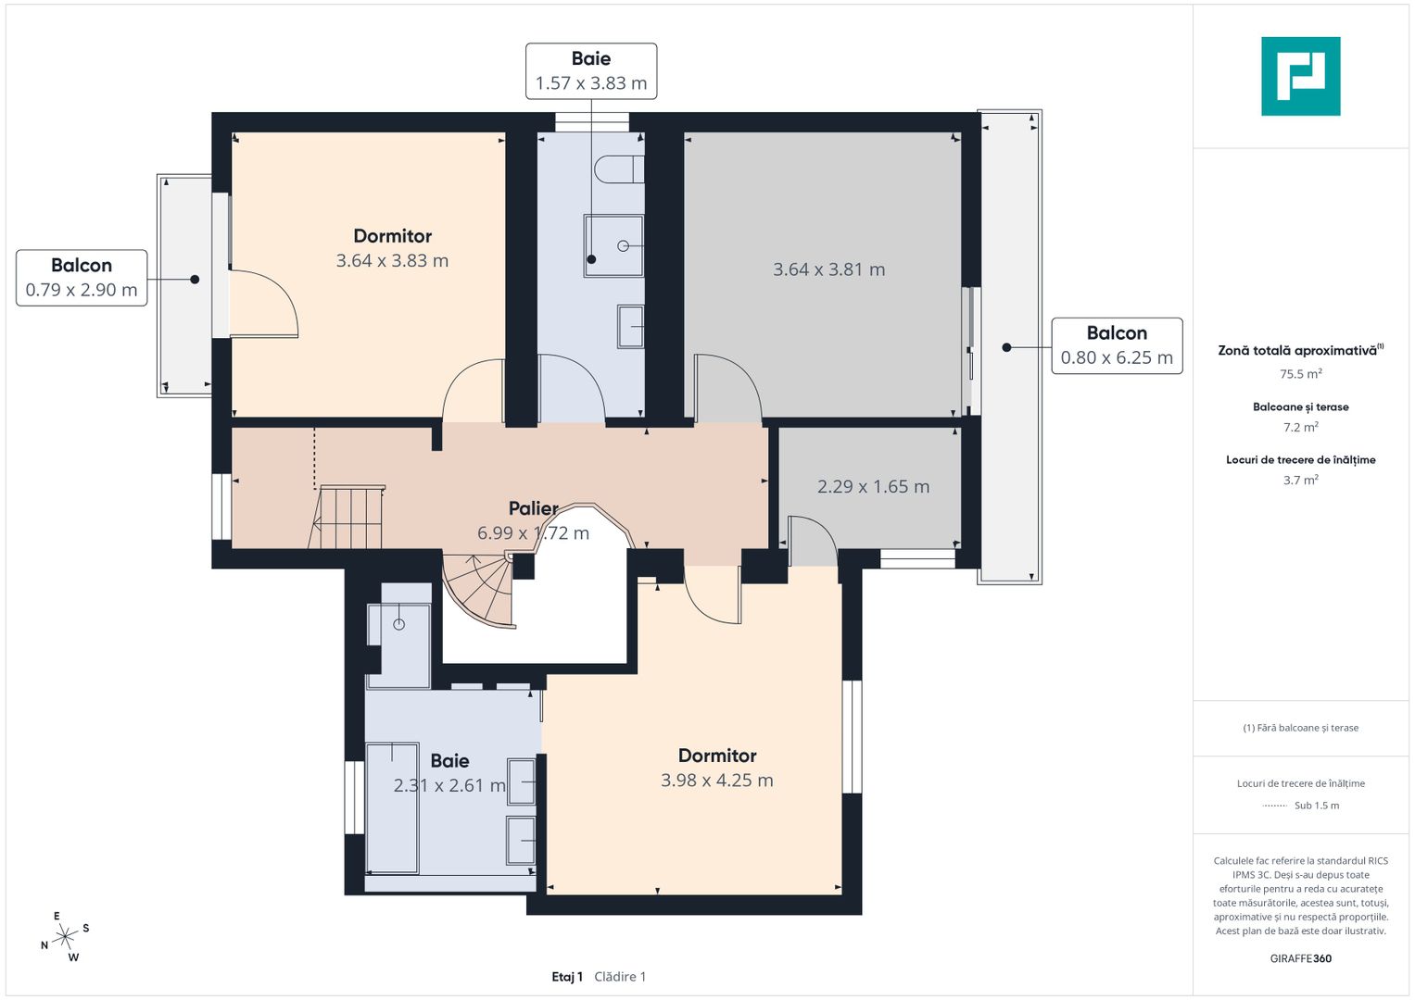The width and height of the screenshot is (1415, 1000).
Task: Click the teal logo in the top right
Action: [x=1300, y=76]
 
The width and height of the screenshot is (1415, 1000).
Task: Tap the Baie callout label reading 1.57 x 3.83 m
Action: [x=591, y=71]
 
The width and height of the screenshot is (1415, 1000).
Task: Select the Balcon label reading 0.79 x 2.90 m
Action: [x=82, y=278]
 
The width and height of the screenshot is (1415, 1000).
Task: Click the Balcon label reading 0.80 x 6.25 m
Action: [x=1117, y=345]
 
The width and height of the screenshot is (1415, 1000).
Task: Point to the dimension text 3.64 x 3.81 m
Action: [x=828, y=269]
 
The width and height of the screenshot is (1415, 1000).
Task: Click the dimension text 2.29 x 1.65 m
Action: [x=873, y=486]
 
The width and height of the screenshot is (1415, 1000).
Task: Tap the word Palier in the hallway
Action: [x=533, y=508]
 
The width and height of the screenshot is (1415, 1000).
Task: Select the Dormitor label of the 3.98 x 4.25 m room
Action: [x=717, y=756]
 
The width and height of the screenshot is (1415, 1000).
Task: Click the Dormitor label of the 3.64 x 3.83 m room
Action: [x=392, y=236]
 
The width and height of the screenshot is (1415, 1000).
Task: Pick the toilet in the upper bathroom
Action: [x=618, y=169]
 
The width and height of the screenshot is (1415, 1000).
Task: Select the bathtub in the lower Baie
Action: [x=392, y=806]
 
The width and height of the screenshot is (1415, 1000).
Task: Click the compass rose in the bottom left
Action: [x=65, y=938]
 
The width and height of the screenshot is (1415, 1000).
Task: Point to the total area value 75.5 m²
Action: [x=1300, y=374]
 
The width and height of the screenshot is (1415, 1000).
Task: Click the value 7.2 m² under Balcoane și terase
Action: [x=1300, y=427]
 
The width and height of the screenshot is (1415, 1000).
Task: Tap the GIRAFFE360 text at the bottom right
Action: [x=1300, y=958]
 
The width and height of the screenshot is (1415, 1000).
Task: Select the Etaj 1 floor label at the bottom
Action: [x=567, y=977]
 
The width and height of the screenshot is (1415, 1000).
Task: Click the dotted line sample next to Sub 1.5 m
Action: [x=1275, y=806]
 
